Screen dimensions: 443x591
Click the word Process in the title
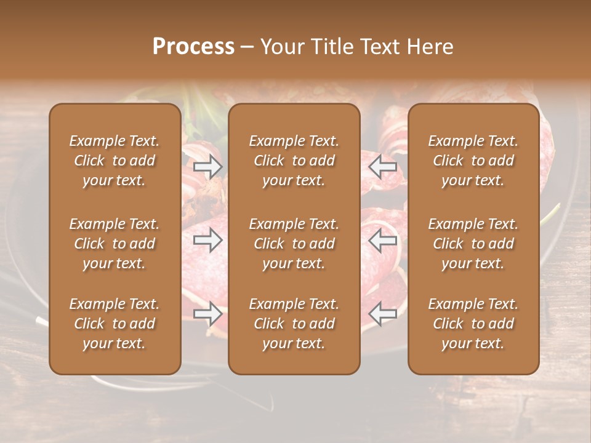(x=193, y=46)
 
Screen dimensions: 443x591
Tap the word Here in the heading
(x=430, y=46)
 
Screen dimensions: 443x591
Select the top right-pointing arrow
(x=208, y=166)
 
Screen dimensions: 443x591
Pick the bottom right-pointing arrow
(x=208, y=314)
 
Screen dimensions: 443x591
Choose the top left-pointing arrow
(x=383, y=166)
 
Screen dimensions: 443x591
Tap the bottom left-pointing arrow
(x=383, y=314)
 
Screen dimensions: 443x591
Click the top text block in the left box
(x=115, y=161)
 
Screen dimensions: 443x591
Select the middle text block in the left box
(x=115, y=244)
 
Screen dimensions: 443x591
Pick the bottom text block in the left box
(x=115, y=324)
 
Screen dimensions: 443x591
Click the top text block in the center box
(x=294, y=161)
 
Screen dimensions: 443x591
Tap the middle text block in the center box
(x=294, y=244)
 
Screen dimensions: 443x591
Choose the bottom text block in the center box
(x=294, y=324)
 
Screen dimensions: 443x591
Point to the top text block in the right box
(x=473, y=161)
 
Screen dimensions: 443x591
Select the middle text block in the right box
(x=473, y=244)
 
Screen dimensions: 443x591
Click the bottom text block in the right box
(x=473, y=324)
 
